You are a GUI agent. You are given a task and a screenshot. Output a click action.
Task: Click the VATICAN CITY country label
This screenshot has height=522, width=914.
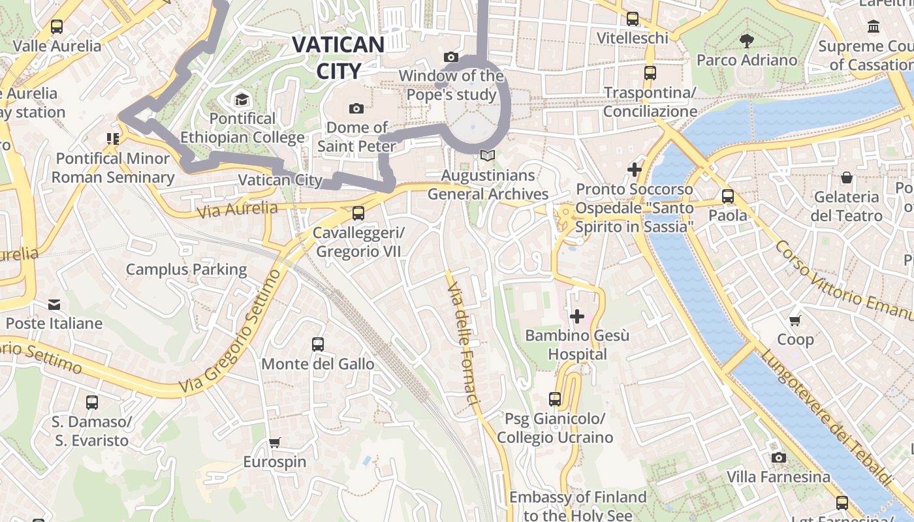pos(338,57)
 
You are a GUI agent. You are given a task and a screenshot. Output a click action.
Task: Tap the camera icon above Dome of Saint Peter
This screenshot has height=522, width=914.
pos(356,108)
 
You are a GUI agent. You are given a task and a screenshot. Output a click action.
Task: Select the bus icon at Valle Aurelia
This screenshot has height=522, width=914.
pos(57,27)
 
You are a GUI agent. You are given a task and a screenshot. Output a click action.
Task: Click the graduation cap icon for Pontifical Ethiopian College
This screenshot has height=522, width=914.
pos(242,100)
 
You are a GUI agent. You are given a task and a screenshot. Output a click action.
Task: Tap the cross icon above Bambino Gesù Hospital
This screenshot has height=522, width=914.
pos(577,316)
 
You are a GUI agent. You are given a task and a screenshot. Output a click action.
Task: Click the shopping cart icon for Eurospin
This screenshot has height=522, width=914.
pos(275,442)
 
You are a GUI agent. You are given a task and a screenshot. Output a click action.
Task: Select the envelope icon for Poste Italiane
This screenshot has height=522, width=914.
pos(54,304)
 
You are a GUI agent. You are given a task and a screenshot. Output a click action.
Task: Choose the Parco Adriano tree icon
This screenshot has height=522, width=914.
pos(747,41)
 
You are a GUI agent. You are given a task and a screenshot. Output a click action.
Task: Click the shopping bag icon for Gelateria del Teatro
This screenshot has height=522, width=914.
pos(846,177)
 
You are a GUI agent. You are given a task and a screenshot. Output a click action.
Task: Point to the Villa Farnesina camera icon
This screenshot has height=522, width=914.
pos(778,457)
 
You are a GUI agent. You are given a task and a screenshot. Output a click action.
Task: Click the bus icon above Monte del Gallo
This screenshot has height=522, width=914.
pos(318,345)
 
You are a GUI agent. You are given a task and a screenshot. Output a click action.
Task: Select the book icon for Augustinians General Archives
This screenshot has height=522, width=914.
pos(488,156)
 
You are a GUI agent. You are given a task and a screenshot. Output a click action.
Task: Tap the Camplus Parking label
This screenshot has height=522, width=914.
pos(186,269)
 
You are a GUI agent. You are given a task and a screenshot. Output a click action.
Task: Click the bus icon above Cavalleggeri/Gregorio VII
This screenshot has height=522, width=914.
pos(358,213)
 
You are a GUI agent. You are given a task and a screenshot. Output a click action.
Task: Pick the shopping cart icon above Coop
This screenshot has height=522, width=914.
pos(795,320)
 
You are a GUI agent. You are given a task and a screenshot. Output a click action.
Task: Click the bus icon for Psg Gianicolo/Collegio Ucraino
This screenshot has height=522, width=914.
pos(555,399)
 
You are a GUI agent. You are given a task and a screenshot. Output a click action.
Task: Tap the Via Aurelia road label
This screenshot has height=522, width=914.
pos(237,209)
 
